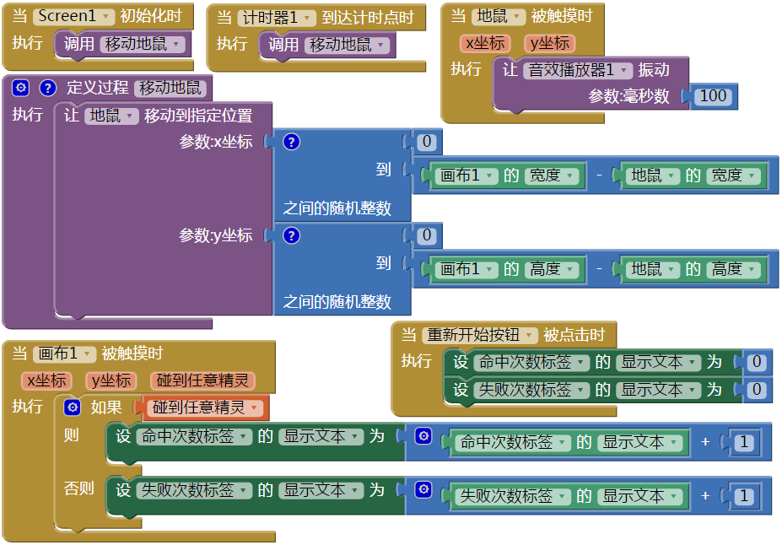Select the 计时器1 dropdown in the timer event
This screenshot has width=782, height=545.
[x=276, y=18]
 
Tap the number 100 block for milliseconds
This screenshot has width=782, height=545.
[x=713, y=95]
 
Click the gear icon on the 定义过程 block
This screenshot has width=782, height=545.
[x=21, y=87]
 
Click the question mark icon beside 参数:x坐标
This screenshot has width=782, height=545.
[x=292, y=142]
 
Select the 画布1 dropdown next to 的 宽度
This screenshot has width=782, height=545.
[x=466, y=175]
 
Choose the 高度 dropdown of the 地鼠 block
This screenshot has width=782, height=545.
[x=733, y=269]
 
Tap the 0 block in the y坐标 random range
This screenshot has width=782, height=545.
[x=428, y=235]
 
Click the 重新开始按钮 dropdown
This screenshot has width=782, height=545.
[x=479, y=335]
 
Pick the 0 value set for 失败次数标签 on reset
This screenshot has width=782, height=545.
[x=757, y=389]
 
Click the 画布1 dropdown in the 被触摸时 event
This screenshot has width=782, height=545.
[x=64, y=353]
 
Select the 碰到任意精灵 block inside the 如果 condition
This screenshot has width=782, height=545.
[x=206, y=407]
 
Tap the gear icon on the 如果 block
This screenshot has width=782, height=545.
[x=73, y=407]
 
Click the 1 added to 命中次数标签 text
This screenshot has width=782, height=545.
[x=743, y=442]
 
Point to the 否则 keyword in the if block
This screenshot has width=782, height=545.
[x=78, y=488]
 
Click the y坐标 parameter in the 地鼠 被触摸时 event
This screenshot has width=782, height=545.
[x=548, y=43]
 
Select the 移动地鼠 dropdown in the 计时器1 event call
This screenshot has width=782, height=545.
[x=347, y=45]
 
